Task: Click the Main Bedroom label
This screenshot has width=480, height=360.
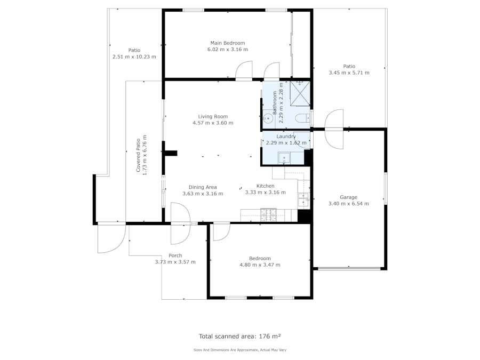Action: [x=227, y=43]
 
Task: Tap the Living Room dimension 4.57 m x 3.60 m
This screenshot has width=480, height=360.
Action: [x=213, y=123]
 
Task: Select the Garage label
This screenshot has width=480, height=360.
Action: [x=348, y=197]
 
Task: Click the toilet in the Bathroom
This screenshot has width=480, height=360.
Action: [x=302, y=118]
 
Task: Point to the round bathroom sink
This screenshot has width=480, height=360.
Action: [x=268, y=118]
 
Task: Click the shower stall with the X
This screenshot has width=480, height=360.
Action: [x=300, y=93]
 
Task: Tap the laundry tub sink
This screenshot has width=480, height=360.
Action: [x=284, y=158]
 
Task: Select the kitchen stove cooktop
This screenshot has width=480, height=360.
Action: [x=268, y=215]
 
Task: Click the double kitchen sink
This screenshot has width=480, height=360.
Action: [x=303, y=200]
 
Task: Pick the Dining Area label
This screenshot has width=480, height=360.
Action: [x=203, y=187]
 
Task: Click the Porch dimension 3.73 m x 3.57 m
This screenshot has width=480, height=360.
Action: [x=175, y=262]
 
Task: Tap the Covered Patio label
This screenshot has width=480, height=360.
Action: [x=138, y=155]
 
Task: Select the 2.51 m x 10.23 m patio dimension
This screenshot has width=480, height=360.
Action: [x=134, y=57]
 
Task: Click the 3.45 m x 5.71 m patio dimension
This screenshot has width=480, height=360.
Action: [x=349, y=73]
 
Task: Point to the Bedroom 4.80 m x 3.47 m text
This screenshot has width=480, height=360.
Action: [x=260, y=262]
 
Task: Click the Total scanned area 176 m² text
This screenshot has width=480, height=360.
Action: [x=239, y=337]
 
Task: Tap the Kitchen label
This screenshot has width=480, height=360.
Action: [x=266, y=186]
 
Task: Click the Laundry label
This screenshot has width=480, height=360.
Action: [x=286, y=137]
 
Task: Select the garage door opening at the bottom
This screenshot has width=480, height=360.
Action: [x=349, y=269]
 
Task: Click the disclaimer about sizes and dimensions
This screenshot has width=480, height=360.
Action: [x=239, y=350]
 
